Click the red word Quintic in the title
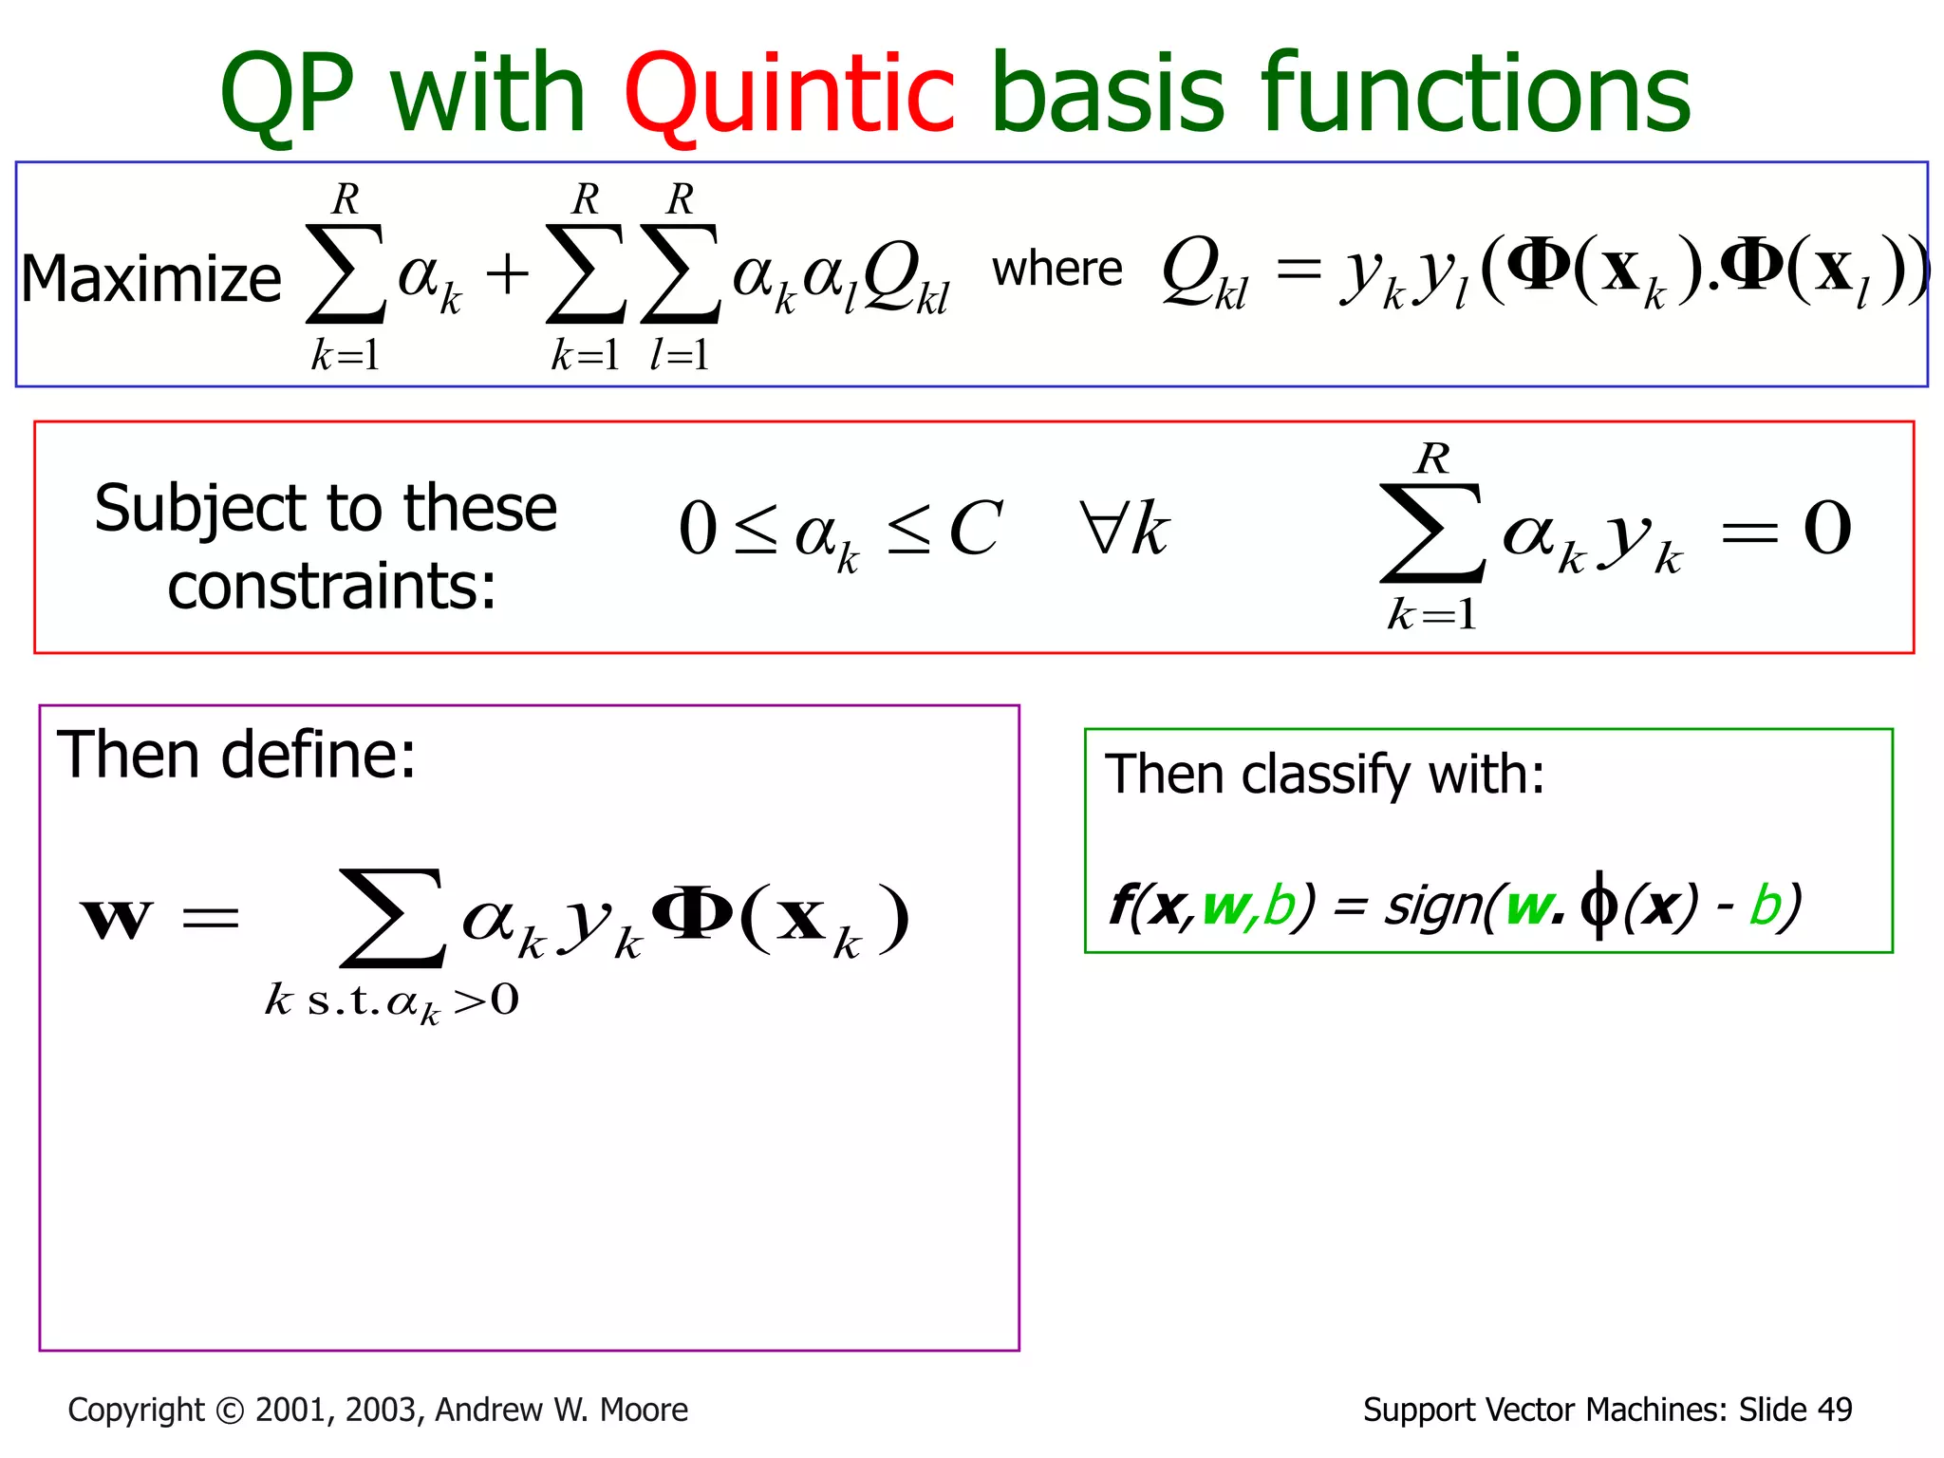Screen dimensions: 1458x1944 click(x=788, y=95)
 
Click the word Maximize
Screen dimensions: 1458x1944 click(x=151, y=279)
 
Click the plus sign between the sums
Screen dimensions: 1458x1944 click(x=507, y=275)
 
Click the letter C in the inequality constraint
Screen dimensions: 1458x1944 click(x=974, y=529)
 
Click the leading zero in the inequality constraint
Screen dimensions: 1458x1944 click(x=698, y=529)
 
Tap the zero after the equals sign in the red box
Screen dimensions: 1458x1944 click(x=1827, y=528)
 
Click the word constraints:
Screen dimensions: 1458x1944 click(x=331, y=587)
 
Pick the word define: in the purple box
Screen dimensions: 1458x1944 click(x=319, y=756)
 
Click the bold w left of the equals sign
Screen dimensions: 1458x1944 click(x=116, y=918)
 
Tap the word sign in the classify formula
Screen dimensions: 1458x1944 click(x=1430, y=906)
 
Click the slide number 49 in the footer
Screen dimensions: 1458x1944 click(x=1834, y=1410)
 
